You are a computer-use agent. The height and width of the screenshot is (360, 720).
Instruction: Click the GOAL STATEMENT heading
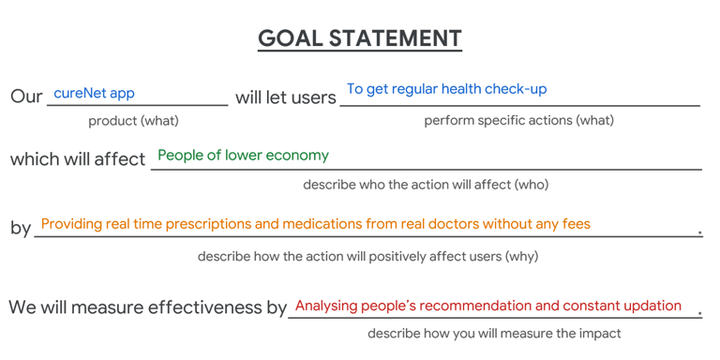click(x=360, y=38)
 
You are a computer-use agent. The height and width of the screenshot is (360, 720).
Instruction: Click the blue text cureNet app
click(x=94, y=94)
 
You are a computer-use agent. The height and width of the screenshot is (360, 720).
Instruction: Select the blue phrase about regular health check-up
click(x=447, y=89)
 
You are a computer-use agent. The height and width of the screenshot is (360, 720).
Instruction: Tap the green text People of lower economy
click(x=244, y=156)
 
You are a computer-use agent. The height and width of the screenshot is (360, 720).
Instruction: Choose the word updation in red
click(x=649, y=307)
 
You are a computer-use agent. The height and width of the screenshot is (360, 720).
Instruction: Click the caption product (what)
click(x=134, y=121)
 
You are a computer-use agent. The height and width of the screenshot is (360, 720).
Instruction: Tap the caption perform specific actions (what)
click(x=518, y=121)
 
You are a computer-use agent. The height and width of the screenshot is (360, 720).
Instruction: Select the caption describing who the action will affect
click(x=427, y=185)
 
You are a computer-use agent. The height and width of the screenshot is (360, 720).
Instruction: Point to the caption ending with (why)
click(x=367, y=256)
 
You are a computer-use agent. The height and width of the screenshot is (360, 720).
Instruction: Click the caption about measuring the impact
click(x=494, y=334)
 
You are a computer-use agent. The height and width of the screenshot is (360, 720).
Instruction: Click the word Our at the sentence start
click(x=26, y=97)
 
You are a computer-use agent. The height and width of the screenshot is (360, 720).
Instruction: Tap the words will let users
click(x=286, y=97)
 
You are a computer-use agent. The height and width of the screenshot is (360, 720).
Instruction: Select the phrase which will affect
click(x=78, y=159)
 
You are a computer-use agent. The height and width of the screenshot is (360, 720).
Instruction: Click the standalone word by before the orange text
click(x=21, y=228)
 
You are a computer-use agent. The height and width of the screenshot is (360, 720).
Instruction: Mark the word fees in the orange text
click(x=577, y=224)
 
